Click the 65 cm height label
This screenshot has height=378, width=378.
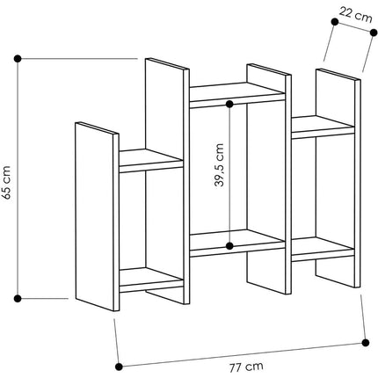6,182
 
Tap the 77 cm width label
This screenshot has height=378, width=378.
246,367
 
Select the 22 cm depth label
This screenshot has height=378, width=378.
356,15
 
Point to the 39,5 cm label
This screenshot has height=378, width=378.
219,165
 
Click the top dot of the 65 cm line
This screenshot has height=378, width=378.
18,59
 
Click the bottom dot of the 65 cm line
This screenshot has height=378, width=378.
18,299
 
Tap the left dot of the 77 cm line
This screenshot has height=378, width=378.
119,366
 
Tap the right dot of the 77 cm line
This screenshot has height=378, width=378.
366,342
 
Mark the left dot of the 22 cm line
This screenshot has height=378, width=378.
335,22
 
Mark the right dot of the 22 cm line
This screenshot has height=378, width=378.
374,33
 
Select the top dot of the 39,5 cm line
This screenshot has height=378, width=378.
229,104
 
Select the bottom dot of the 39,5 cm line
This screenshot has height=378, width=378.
229,246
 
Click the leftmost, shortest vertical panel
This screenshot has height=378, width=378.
97,216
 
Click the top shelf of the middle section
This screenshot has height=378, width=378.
237,94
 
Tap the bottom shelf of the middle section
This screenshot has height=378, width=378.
237,243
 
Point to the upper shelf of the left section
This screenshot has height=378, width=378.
151,160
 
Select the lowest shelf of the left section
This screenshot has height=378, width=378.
151,280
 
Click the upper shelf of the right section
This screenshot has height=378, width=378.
323,127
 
